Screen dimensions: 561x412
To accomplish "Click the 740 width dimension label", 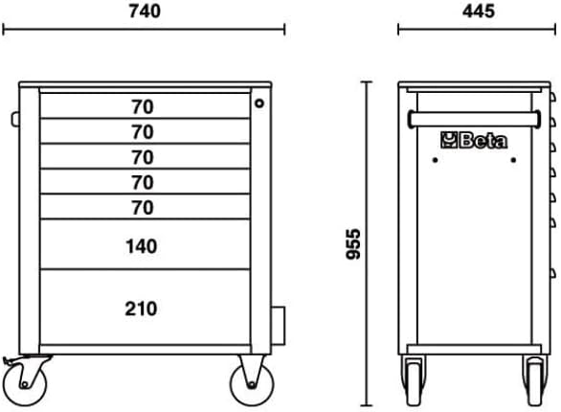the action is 145,11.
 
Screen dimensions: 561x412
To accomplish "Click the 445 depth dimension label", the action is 479,11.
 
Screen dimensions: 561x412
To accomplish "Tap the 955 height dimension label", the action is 353,243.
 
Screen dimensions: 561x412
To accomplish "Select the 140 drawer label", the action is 142,246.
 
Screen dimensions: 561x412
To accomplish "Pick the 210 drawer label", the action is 141,309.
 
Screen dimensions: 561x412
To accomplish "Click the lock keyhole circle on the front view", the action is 259,103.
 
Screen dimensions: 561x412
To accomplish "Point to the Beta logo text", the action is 483,141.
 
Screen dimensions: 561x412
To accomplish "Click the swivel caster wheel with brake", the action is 24,385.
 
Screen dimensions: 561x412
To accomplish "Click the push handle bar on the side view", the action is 475,119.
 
